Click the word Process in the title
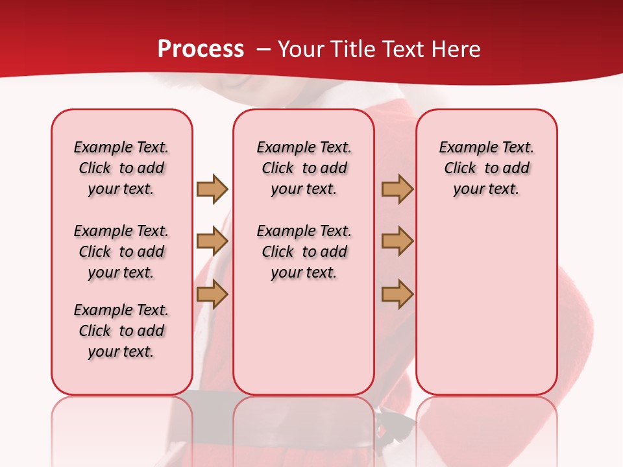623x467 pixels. pos(201,49)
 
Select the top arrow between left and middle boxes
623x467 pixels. pos(212,189)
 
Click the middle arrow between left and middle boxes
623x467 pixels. pos(212,241)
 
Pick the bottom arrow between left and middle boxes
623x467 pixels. pos(212,294)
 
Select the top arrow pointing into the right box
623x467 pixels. pos(397,189)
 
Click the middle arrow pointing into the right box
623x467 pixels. pos(397,241)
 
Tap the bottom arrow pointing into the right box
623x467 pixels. pos(397,294)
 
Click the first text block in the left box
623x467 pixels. pos(121,168)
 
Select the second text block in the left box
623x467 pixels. pos(121,252)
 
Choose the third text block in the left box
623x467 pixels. pos(121,331)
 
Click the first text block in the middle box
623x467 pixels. pos(304,168)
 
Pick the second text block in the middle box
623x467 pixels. pos(304,252)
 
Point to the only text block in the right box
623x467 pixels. pos(487,168)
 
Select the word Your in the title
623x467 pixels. pos(300,49)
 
